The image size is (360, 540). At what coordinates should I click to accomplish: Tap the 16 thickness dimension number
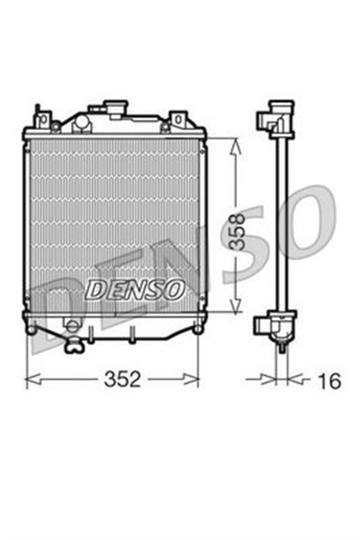[x=330, y=381]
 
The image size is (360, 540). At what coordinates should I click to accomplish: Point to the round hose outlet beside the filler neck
[x=81, y=122]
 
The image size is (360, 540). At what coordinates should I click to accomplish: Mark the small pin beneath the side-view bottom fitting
[x=278, y=344]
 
